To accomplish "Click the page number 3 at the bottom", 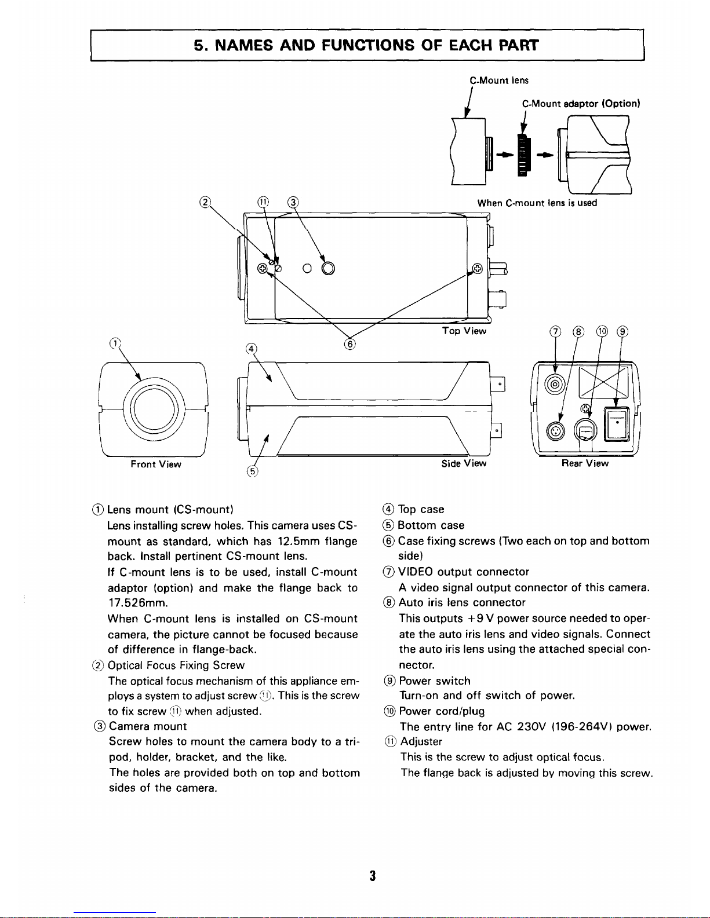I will [373, 875].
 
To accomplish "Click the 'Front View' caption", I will [155, 465].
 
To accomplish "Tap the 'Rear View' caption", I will [585, 463].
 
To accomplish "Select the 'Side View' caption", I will [464, 463].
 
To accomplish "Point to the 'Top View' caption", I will [464, 331].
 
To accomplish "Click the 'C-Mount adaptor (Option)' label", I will [581, 104].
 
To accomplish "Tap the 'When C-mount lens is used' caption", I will [537, 203].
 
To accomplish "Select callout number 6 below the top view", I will [349, 344].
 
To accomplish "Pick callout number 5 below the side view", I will [252, 471].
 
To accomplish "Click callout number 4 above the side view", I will [250, 348].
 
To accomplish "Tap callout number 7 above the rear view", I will [555, 332].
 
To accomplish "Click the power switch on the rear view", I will [616, 424].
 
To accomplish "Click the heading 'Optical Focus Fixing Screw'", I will [176, 665].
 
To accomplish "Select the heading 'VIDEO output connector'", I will [464, 572].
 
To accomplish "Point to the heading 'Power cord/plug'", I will [442, 711].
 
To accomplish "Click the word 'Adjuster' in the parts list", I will [421, 741].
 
